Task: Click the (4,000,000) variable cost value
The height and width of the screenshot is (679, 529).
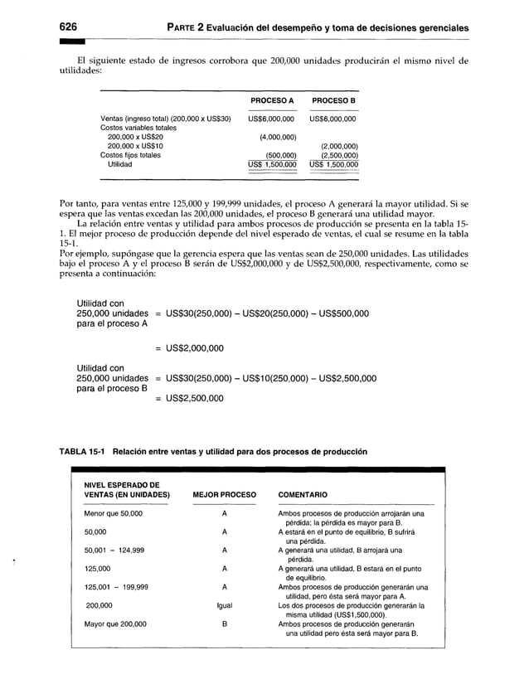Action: (273, 136)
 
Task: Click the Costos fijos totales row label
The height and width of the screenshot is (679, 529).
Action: (131, 154)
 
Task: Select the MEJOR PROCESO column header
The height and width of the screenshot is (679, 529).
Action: (224, 495)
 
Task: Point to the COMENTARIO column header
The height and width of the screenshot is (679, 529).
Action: (303, 495)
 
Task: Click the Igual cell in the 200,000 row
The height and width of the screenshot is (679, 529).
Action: (224, 605)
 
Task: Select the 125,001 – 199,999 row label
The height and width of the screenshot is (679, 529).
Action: (117, 586)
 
